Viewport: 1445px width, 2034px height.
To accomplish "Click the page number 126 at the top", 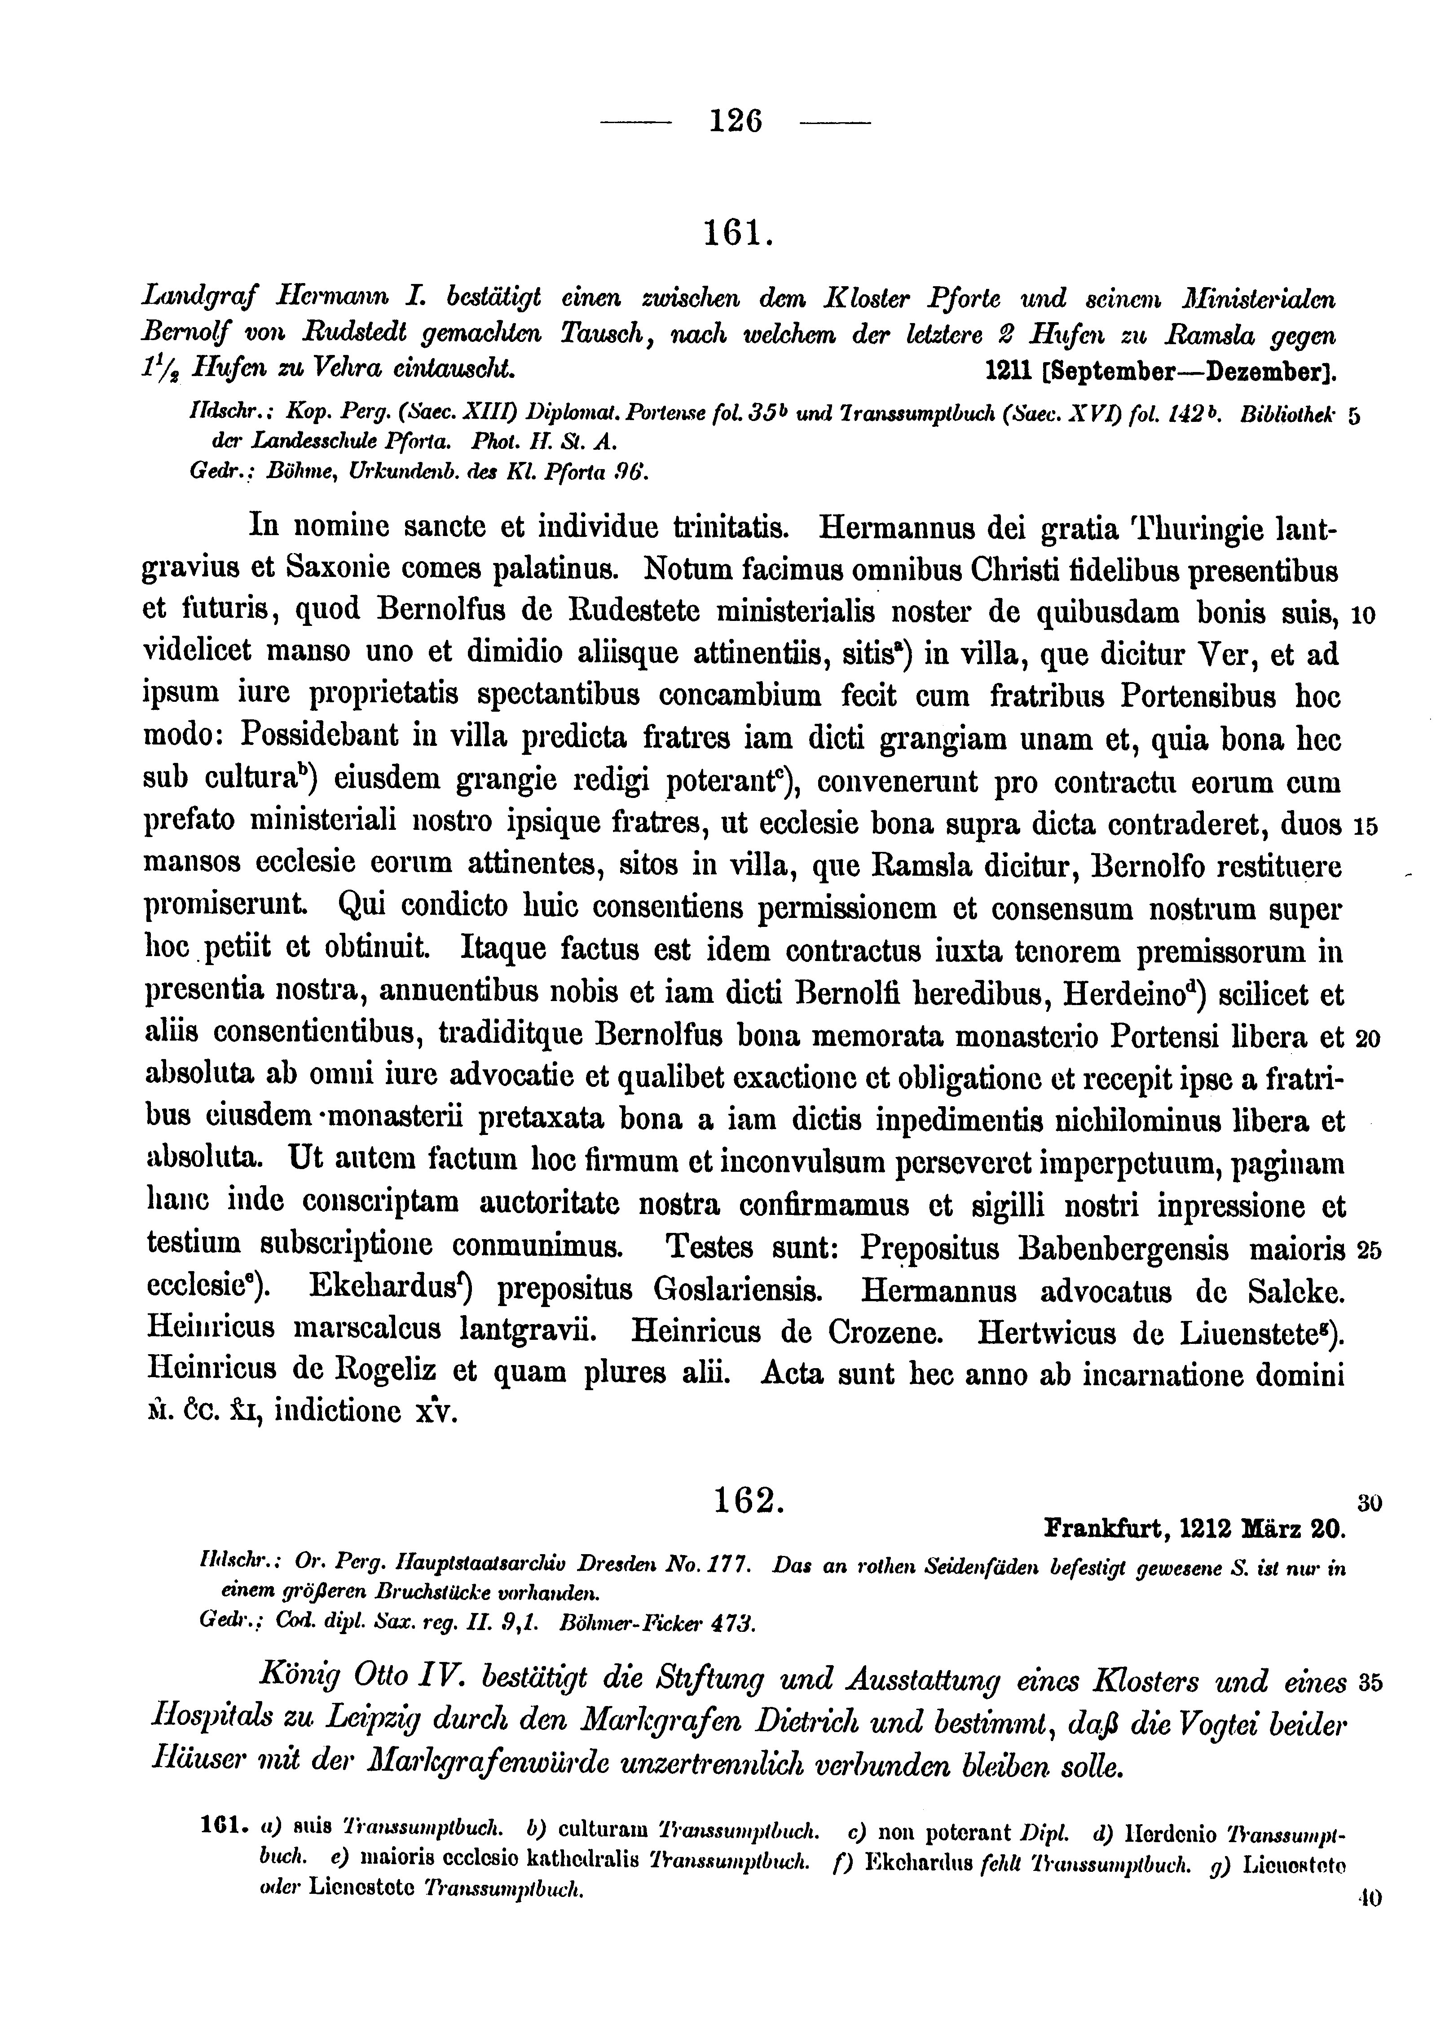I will coord(736,119).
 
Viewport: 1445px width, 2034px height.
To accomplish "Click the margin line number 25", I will coord(1369,1252).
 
